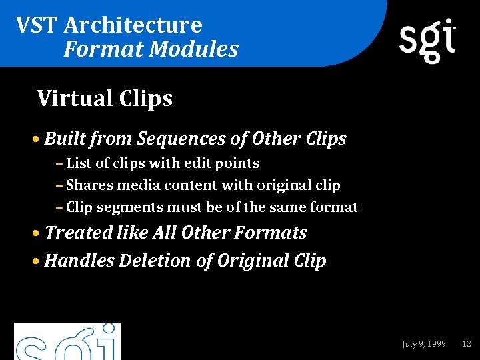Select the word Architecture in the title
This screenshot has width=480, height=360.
click(x=133, y=25)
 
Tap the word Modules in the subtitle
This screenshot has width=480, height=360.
click(x=193, y=49)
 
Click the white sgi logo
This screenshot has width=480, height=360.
click(x=427, y=39)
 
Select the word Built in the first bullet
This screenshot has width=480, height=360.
click(x=65, y=139)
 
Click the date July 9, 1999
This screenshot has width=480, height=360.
click(x=424, y=344)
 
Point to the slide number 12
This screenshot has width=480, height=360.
click(x=467, y=344)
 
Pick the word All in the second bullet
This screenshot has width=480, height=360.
click(x=165, y=233)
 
